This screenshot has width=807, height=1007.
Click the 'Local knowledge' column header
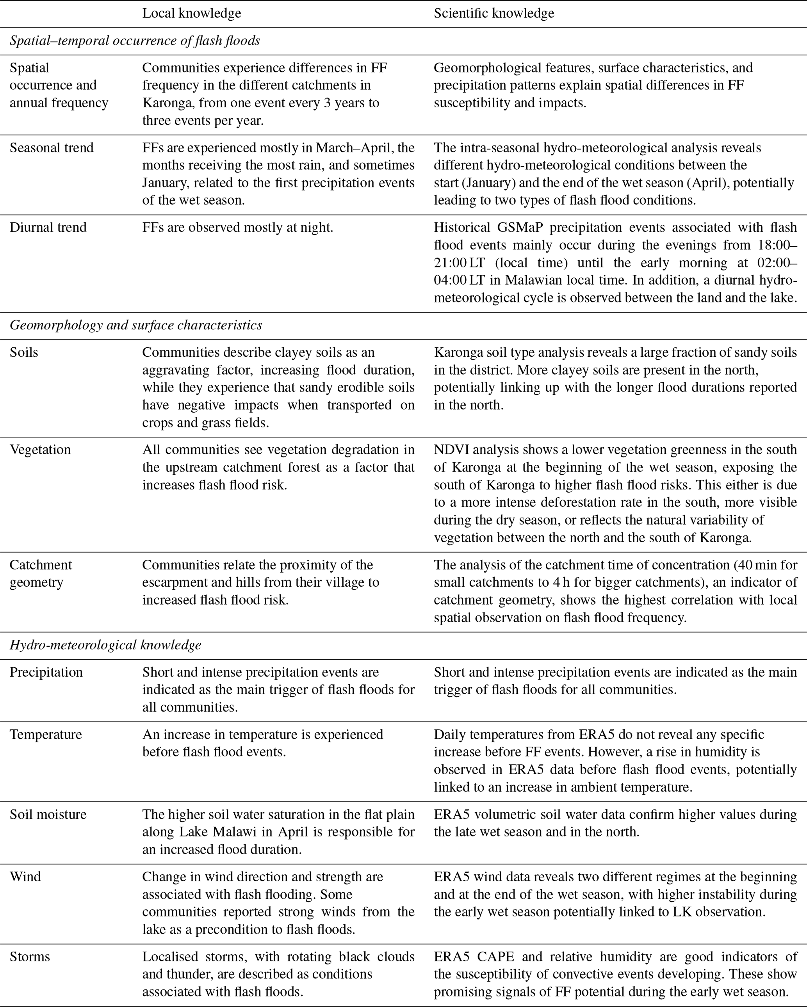[x=192, y=13]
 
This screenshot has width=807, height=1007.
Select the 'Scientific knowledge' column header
[x=494, y=13]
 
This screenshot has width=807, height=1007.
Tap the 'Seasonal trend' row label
[x=52, y=148]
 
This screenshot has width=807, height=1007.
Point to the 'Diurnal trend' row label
[x=48, y=228]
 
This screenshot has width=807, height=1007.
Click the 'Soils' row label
[x=24, y=352]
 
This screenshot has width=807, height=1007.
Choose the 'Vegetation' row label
[x=40, y=450]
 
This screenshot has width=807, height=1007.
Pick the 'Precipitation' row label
[x=46, y=672]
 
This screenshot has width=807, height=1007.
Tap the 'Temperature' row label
[x=46, y=734]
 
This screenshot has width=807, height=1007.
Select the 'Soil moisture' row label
[x=48, y=814]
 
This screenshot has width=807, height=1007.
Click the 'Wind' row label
[x=25, y=876]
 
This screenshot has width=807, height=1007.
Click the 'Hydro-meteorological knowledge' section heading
[x=105, y=645]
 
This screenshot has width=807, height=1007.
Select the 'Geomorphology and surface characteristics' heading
[x=136, y=325]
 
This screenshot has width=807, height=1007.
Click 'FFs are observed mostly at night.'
[x=238, y=228]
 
